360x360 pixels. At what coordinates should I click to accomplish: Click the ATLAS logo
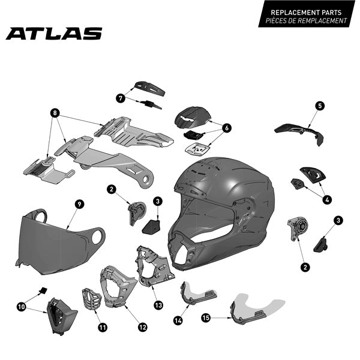[54, 34]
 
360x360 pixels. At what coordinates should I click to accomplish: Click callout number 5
[320, 106]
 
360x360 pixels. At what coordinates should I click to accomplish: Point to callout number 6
[227, 128]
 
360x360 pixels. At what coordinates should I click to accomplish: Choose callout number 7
[120, 97]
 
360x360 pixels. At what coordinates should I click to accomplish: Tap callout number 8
[55, 113]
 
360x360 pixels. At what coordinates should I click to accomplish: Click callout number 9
[79, 204]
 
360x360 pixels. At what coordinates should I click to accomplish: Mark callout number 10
[21, 307]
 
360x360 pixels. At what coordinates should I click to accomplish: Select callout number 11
[103, 328]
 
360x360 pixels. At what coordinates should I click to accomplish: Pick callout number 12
[142, 328]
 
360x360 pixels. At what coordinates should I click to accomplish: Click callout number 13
[158, 304]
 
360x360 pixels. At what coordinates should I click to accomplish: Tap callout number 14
[177, 320]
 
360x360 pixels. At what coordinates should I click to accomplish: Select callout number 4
[328, 199]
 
